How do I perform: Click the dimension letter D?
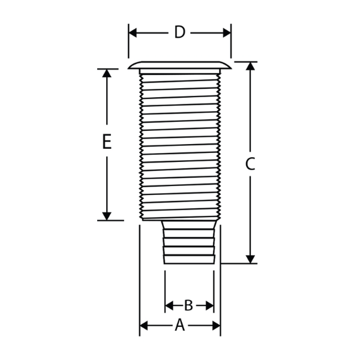point(179,32)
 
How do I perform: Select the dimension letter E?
point(107,142)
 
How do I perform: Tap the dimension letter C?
point(250,164)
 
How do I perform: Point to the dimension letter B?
point(189,305)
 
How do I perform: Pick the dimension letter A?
point(180,325)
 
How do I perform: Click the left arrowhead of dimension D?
point(133,33)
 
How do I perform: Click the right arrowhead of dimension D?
point(227,33)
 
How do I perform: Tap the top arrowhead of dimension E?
point(107,73)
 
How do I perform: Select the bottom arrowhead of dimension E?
point(107,216)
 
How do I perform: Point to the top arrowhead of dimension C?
point(250,66)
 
